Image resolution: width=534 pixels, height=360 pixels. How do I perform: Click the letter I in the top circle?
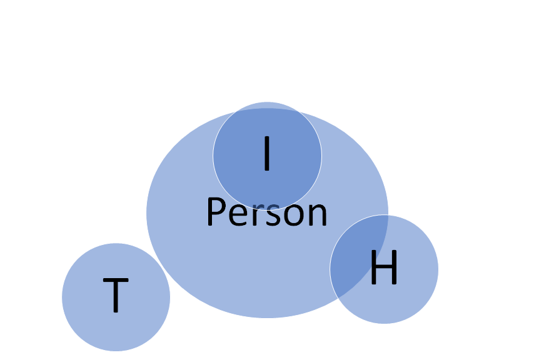[x=267, y=154]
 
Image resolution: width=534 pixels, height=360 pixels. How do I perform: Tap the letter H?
[x=384, y=268]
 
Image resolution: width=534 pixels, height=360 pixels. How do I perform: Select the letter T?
[x=116, y=295]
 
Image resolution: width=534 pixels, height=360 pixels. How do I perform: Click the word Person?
[x=266, y=213]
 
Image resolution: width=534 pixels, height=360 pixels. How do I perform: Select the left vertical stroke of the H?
[x=373, y=268]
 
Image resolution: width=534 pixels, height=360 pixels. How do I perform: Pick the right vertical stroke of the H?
[x=395, y=268]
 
